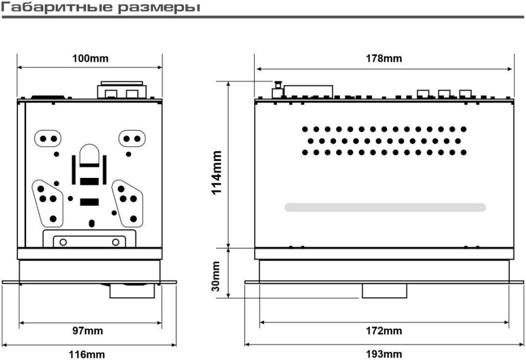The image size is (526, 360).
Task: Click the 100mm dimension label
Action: click(x=90, y=59)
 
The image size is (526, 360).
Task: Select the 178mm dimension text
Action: click(x=384, y=59)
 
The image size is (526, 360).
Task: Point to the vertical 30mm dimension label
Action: click(x=216, y=277)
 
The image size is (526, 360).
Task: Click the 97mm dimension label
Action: click(x=88, y=331)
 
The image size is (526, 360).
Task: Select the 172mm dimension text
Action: click(x=384, y=331)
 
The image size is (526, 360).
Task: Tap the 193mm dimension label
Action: click(x=384, y=355)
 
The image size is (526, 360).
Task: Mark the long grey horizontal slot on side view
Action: click(x=385, y=207)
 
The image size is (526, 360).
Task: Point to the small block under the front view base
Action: click(x=132, y=291)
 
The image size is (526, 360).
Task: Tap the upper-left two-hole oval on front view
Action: click(x=48, y=139)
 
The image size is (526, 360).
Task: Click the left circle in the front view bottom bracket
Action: click(x=63, y=241)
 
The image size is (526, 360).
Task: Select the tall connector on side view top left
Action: click(x=278, y=89)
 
